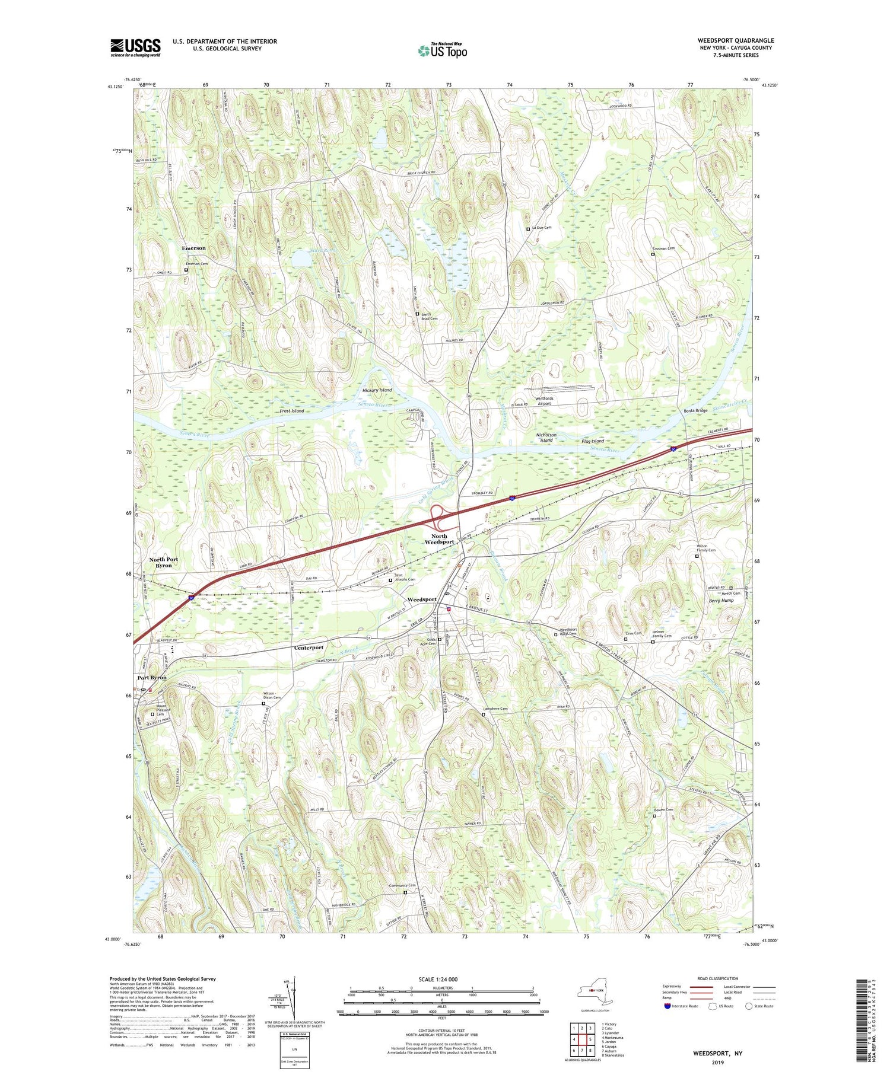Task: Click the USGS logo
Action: (x=135, y=47)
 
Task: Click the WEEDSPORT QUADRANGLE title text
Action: (x=735, y=40)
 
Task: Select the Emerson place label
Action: (x=194, y=248)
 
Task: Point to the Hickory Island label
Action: (x=377, y=390)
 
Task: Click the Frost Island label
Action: (x=292, y=411)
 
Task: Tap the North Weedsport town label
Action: (x=439, y=539)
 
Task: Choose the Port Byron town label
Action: (x=152, y=677)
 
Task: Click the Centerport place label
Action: (x=309, y=648)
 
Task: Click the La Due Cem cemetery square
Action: (x=528, y=228)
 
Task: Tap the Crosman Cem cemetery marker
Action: (x=653, y=254)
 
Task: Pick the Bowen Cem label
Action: (x=664, y=810)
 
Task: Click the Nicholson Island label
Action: (x=546, y=438)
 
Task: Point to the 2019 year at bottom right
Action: (x=717, y=1063)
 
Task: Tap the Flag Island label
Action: (x=593, y=441)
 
